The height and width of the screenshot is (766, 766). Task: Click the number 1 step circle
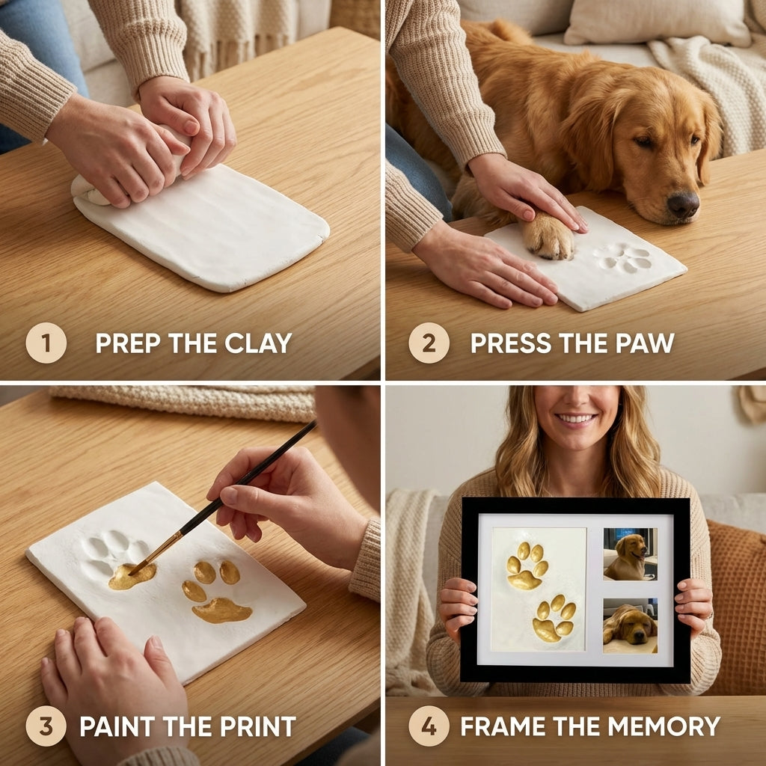[x=46, y=343]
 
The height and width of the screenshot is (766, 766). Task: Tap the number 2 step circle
[x=429, y=343]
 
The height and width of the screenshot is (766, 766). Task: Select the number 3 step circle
[x=46, y=726]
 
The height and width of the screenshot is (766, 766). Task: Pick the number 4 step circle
[x=429, y=726]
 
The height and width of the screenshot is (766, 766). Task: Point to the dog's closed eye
[x=642, y=141]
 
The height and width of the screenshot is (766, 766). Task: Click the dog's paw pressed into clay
[x=548, y=237]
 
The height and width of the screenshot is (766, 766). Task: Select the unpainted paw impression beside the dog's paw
[x=624, y=257]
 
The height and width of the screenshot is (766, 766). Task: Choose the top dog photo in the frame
[x=630, y=554]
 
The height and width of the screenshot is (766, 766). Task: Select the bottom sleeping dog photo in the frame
[x=630, y=625]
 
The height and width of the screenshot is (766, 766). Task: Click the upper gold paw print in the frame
[x=527, y=566]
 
